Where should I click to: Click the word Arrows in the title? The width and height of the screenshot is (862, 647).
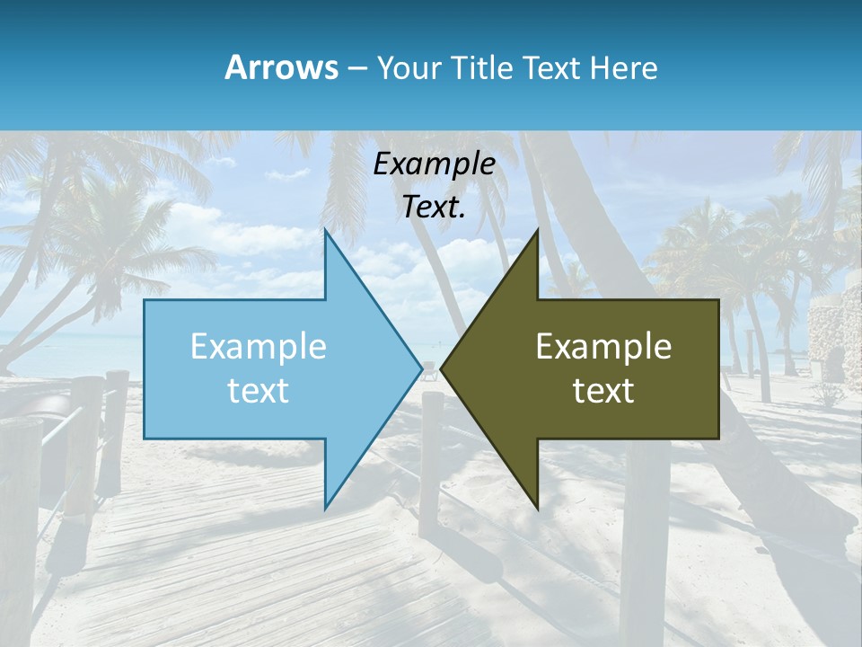pyautogui.click(x=281, y=67)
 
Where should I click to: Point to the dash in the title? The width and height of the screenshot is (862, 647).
pyautogui.click(x=356, y=68)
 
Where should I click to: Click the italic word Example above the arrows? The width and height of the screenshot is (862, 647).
pyautogui.click(x=434, y=164)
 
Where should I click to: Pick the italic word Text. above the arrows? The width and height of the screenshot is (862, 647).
pyautogui.click(x=434, y=208)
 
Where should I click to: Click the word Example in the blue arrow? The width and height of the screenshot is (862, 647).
pyautogui.click(x=258, y=347)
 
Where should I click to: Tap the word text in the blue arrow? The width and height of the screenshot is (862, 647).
pyautogui.click(x=258, y=391)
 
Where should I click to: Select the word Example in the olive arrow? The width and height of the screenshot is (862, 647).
pyautogui.click(x=603, y=347)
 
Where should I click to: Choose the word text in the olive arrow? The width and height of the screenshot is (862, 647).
pyautogui.click(x=603, y=391)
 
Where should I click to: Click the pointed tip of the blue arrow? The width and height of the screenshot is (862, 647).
pyautogui.click(x=420, y=368)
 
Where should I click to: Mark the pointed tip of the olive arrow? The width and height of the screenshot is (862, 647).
pyautogui.click(x=442, y=368)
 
